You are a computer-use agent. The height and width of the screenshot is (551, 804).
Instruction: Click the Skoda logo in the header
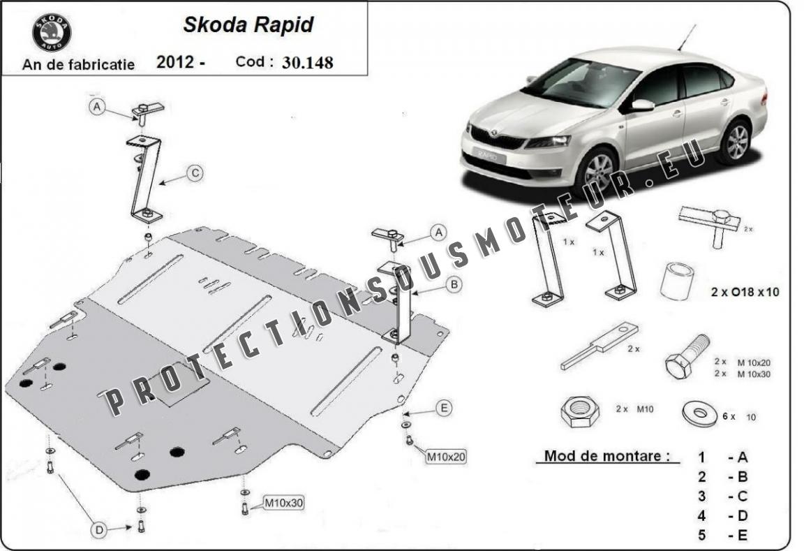click(x=52, y=33)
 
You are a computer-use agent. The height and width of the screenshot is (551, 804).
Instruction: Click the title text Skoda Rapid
click(x=248, y=24)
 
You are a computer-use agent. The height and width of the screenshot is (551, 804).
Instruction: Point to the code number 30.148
click(x=308, y=63)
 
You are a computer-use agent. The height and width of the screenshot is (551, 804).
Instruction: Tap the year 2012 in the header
click(x=175, y=62)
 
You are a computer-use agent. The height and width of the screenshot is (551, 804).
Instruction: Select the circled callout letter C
click(x=195, y=173)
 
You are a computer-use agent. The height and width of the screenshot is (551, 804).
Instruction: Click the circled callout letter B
click(x=454, y=284)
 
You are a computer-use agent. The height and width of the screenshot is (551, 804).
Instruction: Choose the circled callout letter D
click(x=99, y=530)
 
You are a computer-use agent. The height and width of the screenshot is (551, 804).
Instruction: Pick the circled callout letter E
click(x=444, y=409)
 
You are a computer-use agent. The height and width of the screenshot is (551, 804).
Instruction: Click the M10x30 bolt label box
click(x=283, y=503)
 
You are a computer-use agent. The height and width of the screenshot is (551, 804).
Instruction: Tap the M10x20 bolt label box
click(x=446, y=456)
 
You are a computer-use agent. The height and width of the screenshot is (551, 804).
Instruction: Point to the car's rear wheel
click(x=736, y=141)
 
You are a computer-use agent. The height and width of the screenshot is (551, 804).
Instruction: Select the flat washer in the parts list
click(x=700, y=413)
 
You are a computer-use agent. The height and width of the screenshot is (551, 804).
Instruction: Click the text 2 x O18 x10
click(x=745, y=292)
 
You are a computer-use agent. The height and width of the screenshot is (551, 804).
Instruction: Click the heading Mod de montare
click(x=606, y=455)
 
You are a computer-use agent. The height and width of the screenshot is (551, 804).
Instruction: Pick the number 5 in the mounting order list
click(x=702, y=536)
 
